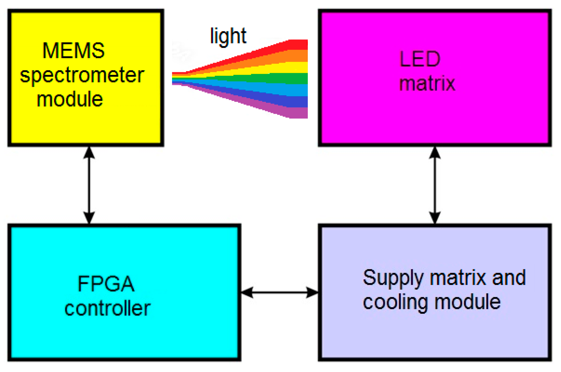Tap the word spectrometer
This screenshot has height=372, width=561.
(x=82, y=75)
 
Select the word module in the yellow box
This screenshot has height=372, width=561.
(x=70, y=100)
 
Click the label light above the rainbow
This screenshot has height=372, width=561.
(x=228, y=37)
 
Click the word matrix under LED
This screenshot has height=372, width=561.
(x=427, y=84)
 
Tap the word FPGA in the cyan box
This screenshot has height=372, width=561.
(x=106, y=284)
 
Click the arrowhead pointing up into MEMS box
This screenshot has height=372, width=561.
(x=89, y=153)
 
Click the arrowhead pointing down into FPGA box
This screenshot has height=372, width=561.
(x=89, y=217)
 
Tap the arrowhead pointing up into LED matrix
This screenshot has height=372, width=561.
(x=435, y=153)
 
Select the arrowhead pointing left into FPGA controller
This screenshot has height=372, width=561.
(x=247, y=292)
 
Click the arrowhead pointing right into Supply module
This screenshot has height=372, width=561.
(x=312, y=292)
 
